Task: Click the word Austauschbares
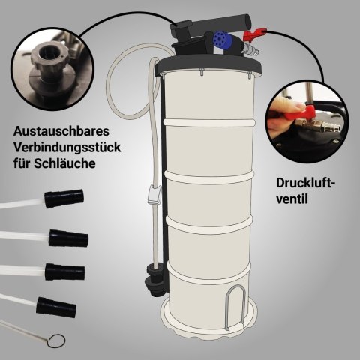click(61, 131)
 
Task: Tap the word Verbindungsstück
click(67, 148)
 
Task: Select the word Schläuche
click(64, 163)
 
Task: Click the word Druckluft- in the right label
click(305, 183)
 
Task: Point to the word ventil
click(292, 199)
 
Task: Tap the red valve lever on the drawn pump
click(254, 35)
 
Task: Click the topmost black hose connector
click(64, 199)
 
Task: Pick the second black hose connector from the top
click(68, 238)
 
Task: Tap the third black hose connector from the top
click(65, 271)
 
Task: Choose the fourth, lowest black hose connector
click(56, 307)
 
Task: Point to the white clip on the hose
click(154, 195)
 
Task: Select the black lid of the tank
click(208, 64)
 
